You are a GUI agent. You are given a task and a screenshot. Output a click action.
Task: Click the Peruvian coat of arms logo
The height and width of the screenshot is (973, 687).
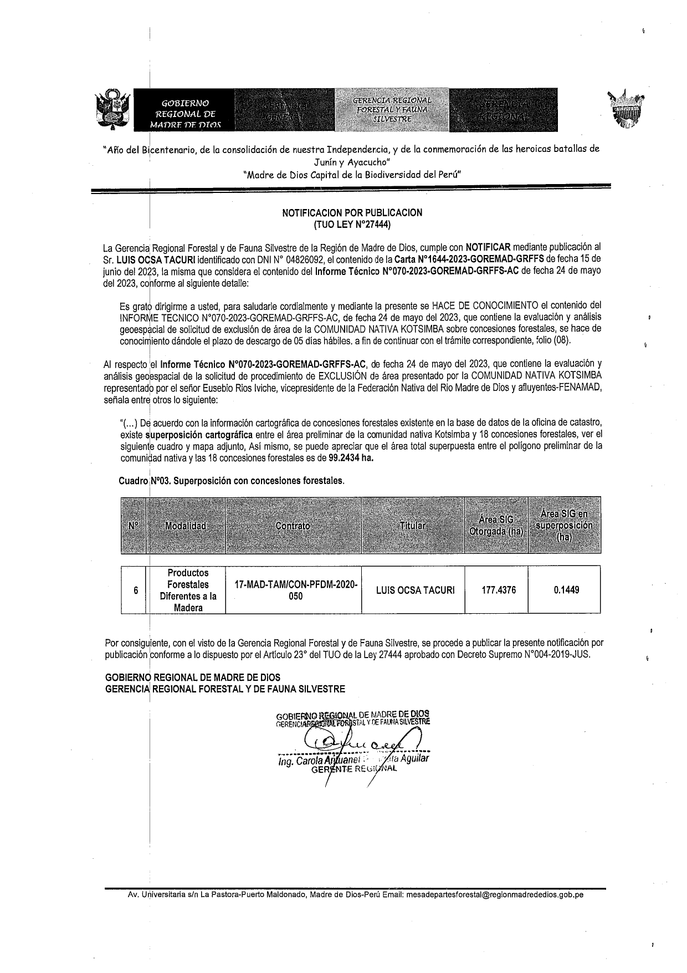pos(113,109)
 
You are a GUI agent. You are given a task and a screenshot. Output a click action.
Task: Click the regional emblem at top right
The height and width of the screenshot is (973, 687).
pos(628,109)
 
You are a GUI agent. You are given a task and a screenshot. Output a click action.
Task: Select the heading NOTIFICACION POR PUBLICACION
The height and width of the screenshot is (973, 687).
pos(352,212)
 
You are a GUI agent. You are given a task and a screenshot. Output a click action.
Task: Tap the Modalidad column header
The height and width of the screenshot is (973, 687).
pos(186,526)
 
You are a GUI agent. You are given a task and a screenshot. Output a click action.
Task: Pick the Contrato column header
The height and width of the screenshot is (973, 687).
pos(293,526)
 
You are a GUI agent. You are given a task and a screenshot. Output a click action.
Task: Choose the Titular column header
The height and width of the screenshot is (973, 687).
pos(413,526)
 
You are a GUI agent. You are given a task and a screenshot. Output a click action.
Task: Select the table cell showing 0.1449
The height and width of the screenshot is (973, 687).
pos(566,590)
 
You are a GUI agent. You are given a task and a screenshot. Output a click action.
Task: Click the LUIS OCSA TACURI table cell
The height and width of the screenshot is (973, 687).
pos(415,590)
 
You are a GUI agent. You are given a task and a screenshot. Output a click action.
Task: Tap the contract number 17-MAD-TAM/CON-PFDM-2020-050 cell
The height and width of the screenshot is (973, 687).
pos(296,590)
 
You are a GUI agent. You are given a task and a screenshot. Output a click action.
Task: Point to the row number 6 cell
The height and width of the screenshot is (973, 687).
pos(135,590)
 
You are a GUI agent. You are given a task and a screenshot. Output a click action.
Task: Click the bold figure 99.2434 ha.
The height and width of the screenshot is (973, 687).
pos(350,459)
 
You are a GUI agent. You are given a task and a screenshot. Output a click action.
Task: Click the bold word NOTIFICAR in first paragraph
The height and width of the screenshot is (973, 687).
pos(488,247)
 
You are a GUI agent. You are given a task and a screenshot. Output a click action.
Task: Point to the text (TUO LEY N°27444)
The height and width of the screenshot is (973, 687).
pos(352,225)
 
